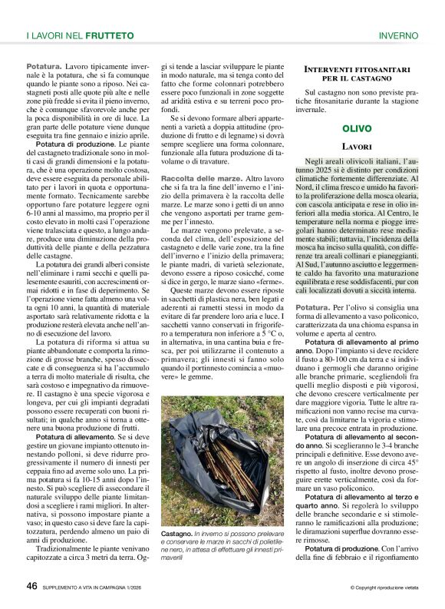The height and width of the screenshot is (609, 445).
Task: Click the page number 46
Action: (x=31, y=586)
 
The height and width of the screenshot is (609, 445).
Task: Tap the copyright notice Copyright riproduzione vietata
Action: (x=386, y=588)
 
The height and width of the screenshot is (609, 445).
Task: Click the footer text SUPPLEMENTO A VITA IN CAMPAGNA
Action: (x=98, y=587)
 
